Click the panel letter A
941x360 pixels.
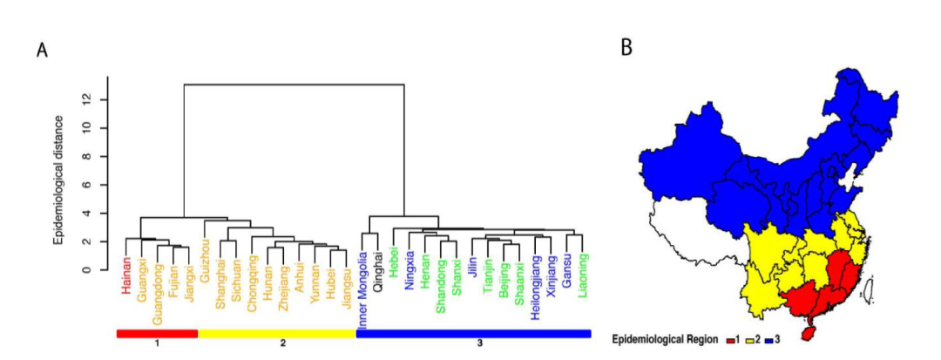pyautogui.click(x=42, y=50)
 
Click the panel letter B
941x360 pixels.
pyautogui.click(x=626, y=48)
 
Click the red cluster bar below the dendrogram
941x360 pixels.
pyautogui.click(x=157, y=333)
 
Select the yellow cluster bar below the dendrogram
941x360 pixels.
pyautogui.click(x=277, y=333)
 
